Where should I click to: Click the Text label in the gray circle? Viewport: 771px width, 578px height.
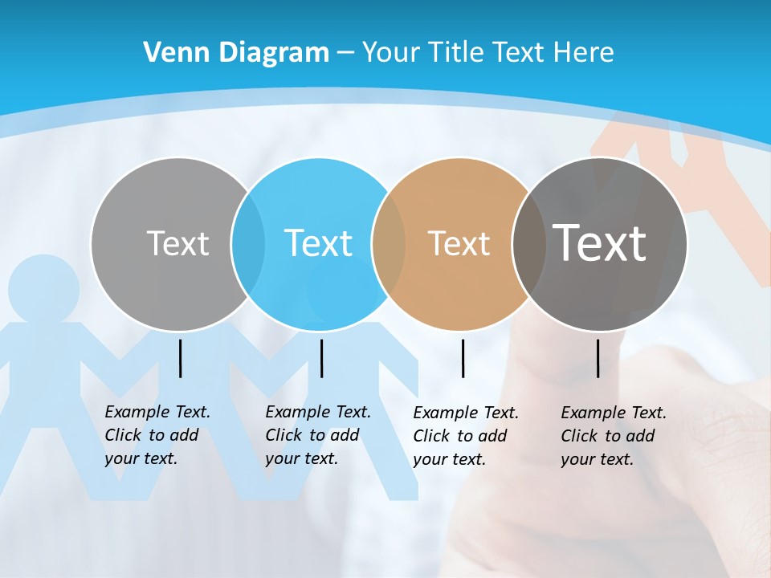click(177, 243)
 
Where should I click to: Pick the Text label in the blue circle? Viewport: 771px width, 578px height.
click(318, 243)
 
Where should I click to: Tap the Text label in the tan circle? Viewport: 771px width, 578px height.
click(459, 243)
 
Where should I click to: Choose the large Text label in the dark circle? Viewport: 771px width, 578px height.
click(600, 243)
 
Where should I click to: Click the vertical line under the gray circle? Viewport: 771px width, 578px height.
click(180, 358)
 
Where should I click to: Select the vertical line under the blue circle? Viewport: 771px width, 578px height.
click(321, 358)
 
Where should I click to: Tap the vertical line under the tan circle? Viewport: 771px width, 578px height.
click(463, 358)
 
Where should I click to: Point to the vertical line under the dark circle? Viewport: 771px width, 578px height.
click(598, 358)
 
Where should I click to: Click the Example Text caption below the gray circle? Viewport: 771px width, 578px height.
click(157, 435)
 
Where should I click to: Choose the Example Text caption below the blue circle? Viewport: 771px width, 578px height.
click(317, 435)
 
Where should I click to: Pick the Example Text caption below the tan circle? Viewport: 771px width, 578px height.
click(465, 436)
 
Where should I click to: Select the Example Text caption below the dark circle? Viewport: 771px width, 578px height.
click(613, 436)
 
